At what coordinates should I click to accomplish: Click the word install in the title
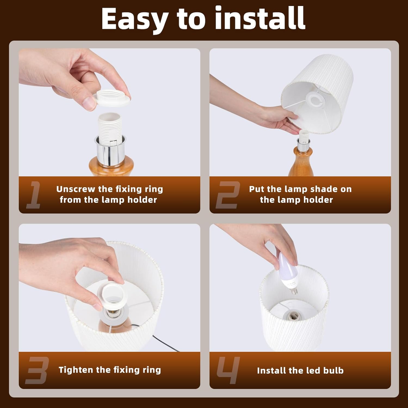[x=260, y=18]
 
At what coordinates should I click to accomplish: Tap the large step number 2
[x=228, y=194]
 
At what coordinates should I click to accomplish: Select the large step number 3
[x=37, y=370]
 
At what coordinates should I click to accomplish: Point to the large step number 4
[x=228, y=370]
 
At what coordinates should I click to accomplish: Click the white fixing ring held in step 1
[x=112, y=98]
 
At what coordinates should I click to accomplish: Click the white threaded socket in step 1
[x=110, y=129]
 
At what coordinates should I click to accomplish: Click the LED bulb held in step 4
[x=288, y=273]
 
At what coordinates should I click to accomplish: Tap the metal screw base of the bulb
[x=294, y=291]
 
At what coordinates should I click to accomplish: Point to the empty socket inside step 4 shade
[x=294, y=316]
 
